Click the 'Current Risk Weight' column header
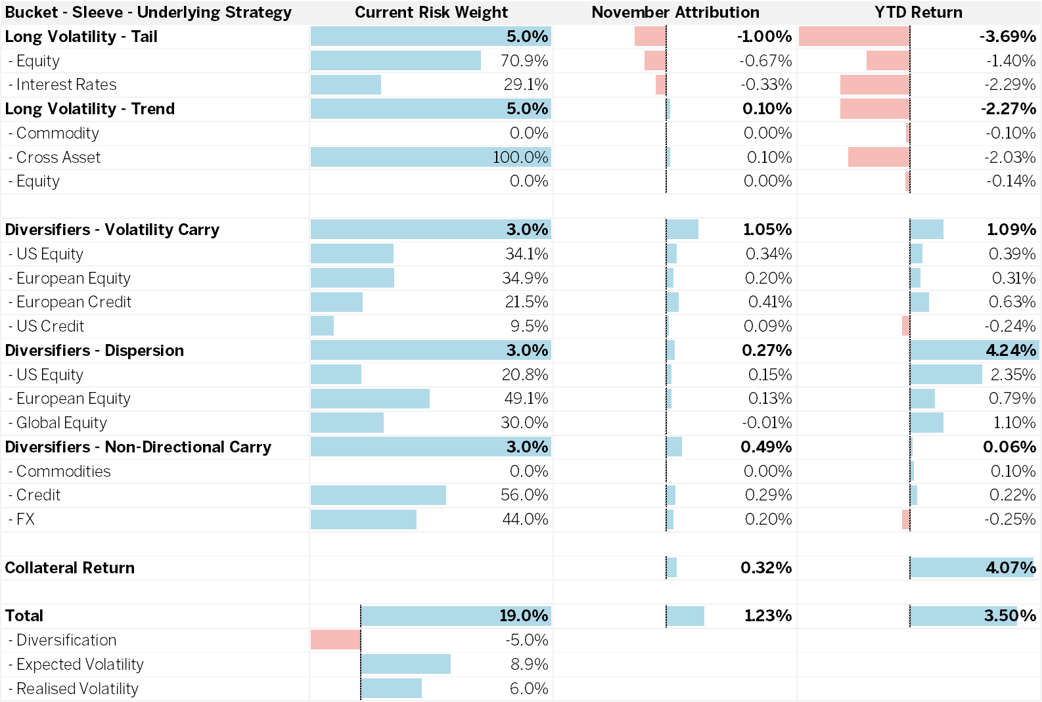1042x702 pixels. tap(431, 12)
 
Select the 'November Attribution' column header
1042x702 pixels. tap(675, 12)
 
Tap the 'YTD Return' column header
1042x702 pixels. tap(918, 12)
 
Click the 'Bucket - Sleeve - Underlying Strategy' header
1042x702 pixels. tap(148, 12)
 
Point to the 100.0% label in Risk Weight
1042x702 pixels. tap(520, 158)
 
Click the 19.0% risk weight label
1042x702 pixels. tap(523, 616)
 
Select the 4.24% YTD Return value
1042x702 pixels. tap(1010, 351)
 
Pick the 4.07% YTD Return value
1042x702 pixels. tap(1010, 568)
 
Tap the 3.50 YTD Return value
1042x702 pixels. tap(1001, 616)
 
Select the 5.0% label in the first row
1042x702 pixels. tap(527, 37)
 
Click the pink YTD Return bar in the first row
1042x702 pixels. tap(854, 37)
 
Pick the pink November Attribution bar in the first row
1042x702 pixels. tap(650, 37)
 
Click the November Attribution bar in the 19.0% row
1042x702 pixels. tap(686, 616)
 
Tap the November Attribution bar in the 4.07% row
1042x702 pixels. tap(672, 568)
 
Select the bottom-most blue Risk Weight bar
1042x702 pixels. tap(392, 688)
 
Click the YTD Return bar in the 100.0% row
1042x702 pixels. tap(878, 158)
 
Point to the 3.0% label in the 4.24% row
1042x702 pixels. tap(527, 351)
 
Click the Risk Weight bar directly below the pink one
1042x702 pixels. tap(406, 664)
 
